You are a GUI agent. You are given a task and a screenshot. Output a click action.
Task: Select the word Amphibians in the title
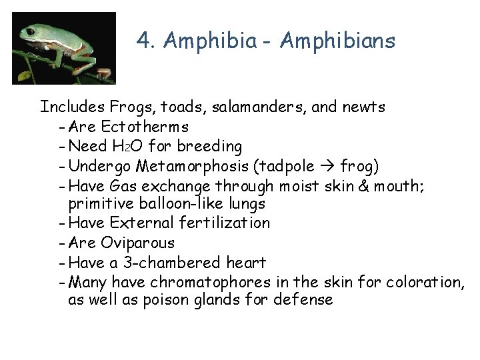[338, 41]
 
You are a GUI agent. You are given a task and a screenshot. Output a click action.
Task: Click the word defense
[303, 300]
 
